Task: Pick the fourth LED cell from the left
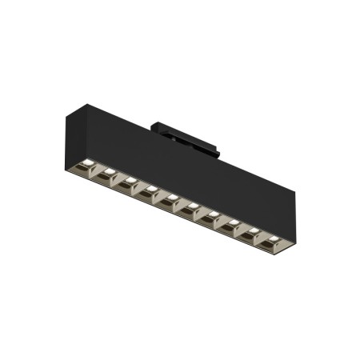(x=147, y=189)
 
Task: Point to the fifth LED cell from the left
(x=169, y=197)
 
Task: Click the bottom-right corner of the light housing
(x=287, y=246)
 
